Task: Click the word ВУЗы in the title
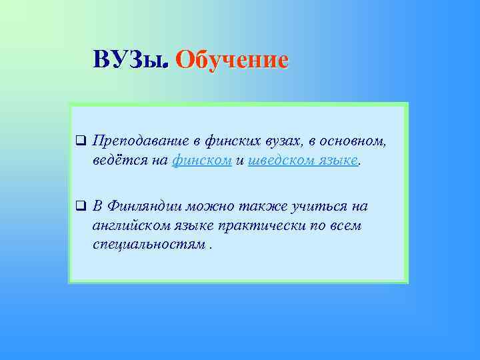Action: pos(129,59)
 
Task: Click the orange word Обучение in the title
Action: pos(232,59)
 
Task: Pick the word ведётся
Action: pos(118,161)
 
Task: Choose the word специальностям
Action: pos(149,245)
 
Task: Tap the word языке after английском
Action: pos(197,226)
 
